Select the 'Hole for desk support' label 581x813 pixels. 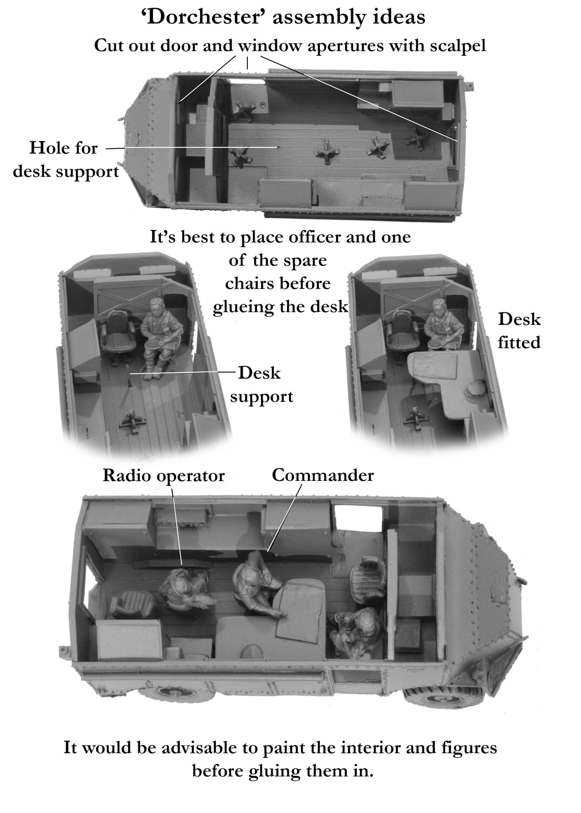coord(64,159)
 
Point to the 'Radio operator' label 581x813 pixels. coord(164,475)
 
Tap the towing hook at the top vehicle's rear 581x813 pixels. coord(470,86)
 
